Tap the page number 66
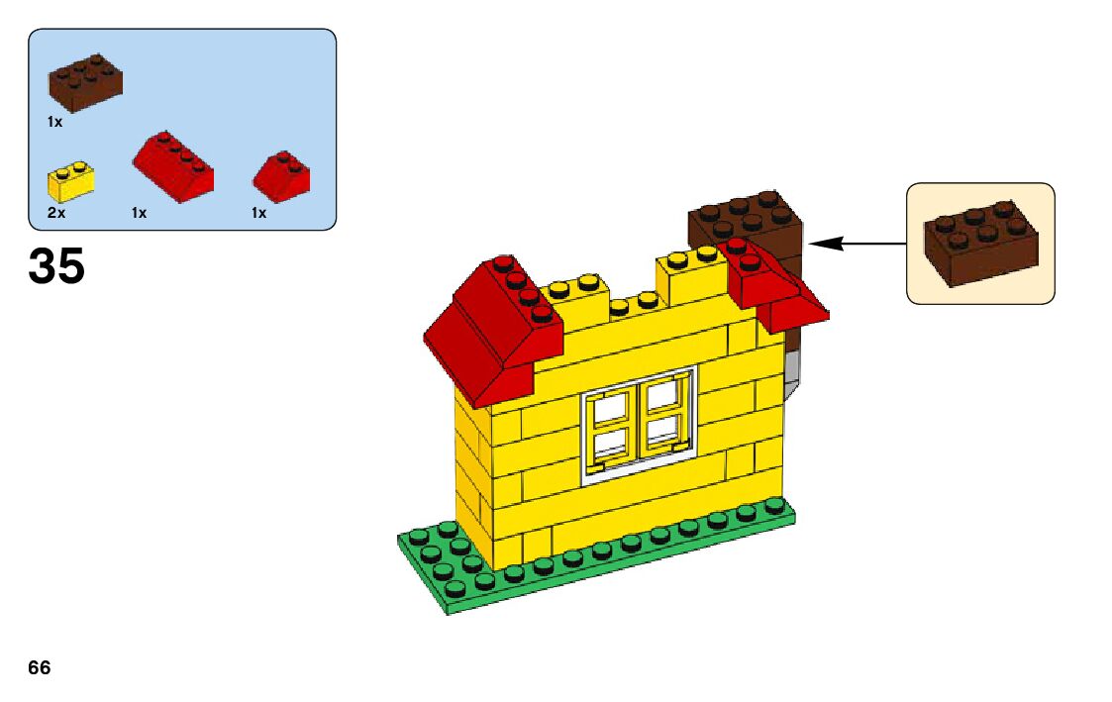tap(40, 667)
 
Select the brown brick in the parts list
tap(86, 81)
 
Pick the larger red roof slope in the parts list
tap(174, 165)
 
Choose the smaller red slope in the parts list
tap(282, 174)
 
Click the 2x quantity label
tap(54, 213)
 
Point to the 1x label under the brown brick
tap(54, 122)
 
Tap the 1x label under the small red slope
tap(258, 213)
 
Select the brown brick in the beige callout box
tap(980, 243)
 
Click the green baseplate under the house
tap(594, 564)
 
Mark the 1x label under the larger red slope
tap(139, 213)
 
